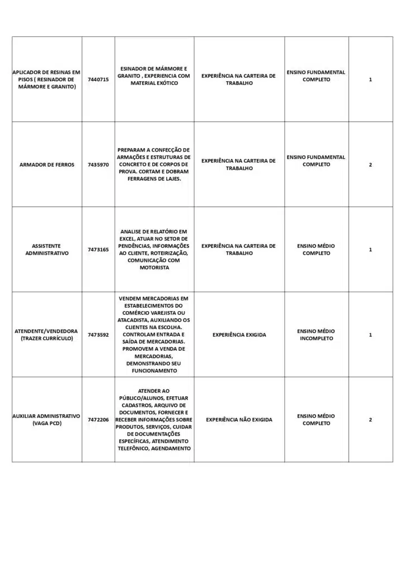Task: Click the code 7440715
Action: pos(98,79)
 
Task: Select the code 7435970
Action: pos(98,165)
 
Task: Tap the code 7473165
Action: pos(98,250)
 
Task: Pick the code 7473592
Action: pos(98,335)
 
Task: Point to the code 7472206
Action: pos(98,420)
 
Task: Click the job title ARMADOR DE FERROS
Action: pos(47,165)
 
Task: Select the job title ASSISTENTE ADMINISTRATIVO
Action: pos(47,250)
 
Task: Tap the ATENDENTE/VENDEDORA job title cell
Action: pos(47,335)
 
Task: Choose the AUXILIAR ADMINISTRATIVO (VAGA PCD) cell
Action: pos(47,420)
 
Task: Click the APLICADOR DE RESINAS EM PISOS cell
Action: pos(47,79)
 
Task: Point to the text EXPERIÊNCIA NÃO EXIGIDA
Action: pos(239,420)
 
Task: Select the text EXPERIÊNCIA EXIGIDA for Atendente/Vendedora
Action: pos(239,335)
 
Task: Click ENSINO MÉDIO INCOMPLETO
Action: pos(316,335)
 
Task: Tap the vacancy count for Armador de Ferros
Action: pos(370,165)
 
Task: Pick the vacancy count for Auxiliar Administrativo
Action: pos(370,420)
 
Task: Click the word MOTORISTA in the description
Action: pos(154,267)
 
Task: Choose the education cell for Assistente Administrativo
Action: pos(316,250)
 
